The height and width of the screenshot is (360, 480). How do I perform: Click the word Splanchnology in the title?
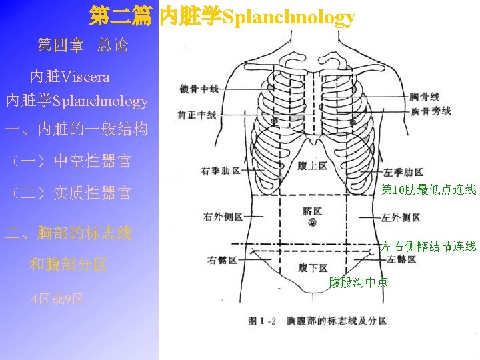[x=288, y=17]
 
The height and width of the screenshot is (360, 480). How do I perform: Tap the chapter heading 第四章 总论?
[x=83, y=45]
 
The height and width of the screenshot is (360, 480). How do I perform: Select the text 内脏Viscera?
[x=70, y=77]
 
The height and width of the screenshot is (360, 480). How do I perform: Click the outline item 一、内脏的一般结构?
[x=76, y=129]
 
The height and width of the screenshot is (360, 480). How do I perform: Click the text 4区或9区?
[x=57, y=298]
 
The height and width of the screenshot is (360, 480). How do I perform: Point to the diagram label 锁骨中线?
[x=199, y=89]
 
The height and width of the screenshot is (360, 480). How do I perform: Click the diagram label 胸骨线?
[x=425, y=97]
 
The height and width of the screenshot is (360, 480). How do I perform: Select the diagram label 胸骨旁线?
[x=431, y=111]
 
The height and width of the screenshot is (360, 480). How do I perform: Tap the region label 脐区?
[x=312, y=211]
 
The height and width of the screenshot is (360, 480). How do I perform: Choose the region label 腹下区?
[x=312, y=268]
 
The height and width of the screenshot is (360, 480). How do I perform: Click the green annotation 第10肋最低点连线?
[x=428, y=191]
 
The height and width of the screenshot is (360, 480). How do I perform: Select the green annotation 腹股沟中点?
[x=358, y=283]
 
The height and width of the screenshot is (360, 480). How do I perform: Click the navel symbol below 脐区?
[x=312, y=223]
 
